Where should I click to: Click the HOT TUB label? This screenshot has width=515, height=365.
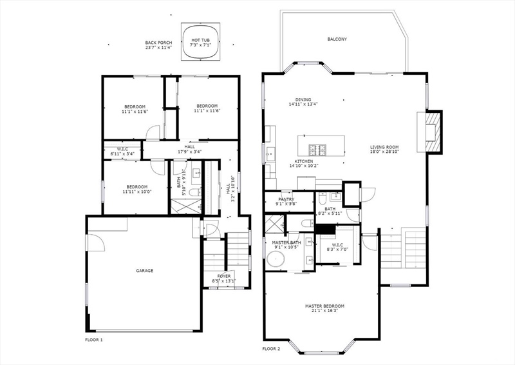pyautogui.click(x=201, y=40)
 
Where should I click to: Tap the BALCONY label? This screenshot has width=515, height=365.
pyautogui.click(x=337, y=39)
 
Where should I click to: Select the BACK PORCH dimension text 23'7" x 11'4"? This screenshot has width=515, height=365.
pyautogui.click(x=159, y=47)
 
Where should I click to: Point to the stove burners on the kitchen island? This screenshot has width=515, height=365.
pyautogui.click(x=317, y=150)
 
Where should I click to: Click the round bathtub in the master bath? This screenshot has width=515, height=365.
pyautogui.click(x=276, y=259)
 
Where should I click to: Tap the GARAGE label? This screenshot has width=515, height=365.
pyautogui.click(x=144, y=271)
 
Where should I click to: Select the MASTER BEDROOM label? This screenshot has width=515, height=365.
pyautogui.click(x=325, y=306)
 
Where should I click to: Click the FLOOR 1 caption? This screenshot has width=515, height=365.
pyautogui.click(x=94, y=340)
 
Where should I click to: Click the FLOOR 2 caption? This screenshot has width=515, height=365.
pyautogui.click(x=271, y=349)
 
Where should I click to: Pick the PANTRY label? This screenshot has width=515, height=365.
pyautogui.click(x=286, y=199)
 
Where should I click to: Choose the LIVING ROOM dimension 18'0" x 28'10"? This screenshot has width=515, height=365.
pyautogui.click(x=384, y=152)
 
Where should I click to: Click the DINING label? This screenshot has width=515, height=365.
pyautogui.click(x=303, y=100)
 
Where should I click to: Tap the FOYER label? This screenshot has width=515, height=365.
pyautogui.click(x=224, y=276)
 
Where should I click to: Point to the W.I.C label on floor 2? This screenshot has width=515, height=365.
pyautogui.click(x=337, y=245)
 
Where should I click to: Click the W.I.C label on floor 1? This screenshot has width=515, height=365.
pyautogui.click(x=122, y=149)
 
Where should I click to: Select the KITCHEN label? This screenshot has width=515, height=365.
pyautogui.click(x=304, y=161)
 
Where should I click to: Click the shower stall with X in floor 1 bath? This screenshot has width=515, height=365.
pyautogui.click(x=186, y=206)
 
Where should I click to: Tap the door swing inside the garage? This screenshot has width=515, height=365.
pyautogui.click(x=96, y=242)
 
